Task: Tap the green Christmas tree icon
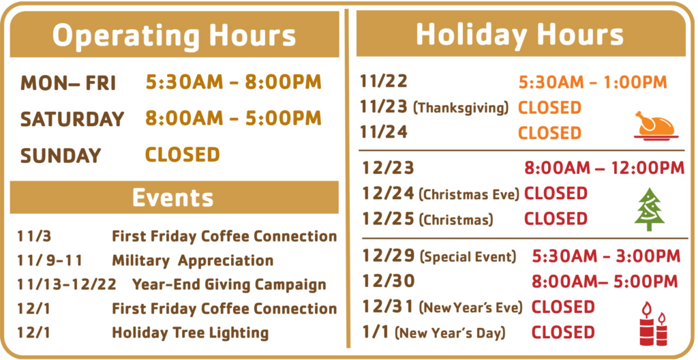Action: (x=650, y=209)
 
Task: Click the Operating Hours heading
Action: (x=174, y=35)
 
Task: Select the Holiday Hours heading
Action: (x=519, y=34)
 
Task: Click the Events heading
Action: (x=172, y=197)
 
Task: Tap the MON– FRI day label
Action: (x=68, y=83)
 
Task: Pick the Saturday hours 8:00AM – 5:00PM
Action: (x=233, y=119)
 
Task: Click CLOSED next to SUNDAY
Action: (x=183, y=155)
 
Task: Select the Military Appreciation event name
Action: (x=192, y=260)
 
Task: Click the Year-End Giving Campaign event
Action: (x=229, y=285)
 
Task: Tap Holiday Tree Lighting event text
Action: (x=190, y=333)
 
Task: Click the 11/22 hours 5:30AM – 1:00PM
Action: (x=593, y=82)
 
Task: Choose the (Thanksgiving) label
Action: (x=461, y=108)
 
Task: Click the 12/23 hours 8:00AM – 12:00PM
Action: (x=604, y=168)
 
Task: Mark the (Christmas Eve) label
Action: (x=469, y=195)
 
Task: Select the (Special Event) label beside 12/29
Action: (x=468, y=256)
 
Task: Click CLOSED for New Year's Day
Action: (x=563, y=332)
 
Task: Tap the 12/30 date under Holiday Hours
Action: (x=388, y=281)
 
